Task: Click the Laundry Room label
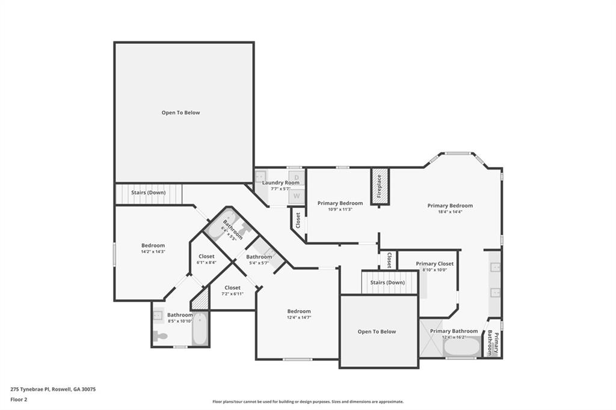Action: [x=280, y=182]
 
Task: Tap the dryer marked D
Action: [x=297, y=177]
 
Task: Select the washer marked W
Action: [x=297, y=195]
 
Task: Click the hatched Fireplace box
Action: [x=380, y=186]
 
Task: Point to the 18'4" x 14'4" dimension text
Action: [x=450, y=212]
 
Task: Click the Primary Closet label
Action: [x=434, y=263]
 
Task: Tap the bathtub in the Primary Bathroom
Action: [x=462, y=346]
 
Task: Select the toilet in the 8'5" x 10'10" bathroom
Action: [x=160, y=336]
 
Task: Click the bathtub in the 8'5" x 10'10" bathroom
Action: [x=200, y=328]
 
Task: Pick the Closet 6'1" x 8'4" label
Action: [x=206, y=256]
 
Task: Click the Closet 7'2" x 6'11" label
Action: [x=232, y=287]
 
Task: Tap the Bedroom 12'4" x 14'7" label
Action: [x=298, y=311]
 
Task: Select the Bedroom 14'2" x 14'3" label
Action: [x=153, y=245]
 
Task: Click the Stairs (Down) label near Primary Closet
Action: [x=387, y=282]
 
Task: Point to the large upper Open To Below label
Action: [x=180, y=112]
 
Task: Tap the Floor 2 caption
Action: [x=19, y=399]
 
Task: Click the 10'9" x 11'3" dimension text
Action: [x=340, y=209]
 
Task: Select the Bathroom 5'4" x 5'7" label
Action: [x=259, y=257]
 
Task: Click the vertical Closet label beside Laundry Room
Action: [x=297, y=219]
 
